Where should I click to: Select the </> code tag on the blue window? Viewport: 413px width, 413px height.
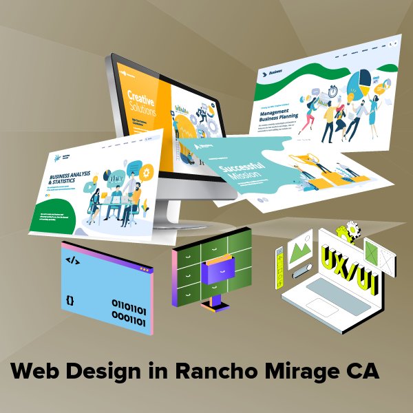click(71, 261)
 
